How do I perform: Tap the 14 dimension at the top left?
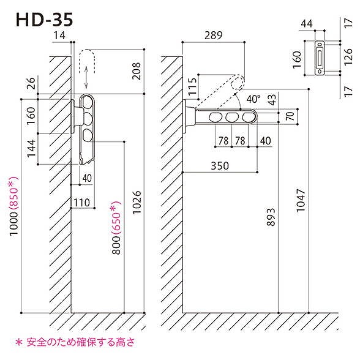coord(59,37)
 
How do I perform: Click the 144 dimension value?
coord(31,149)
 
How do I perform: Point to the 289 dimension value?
coord(213,37)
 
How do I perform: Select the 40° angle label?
coord(253,97)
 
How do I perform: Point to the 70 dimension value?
coord(290,114)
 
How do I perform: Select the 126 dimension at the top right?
coord(349,58)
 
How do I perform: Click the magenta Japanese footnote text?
coord(73,342)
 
